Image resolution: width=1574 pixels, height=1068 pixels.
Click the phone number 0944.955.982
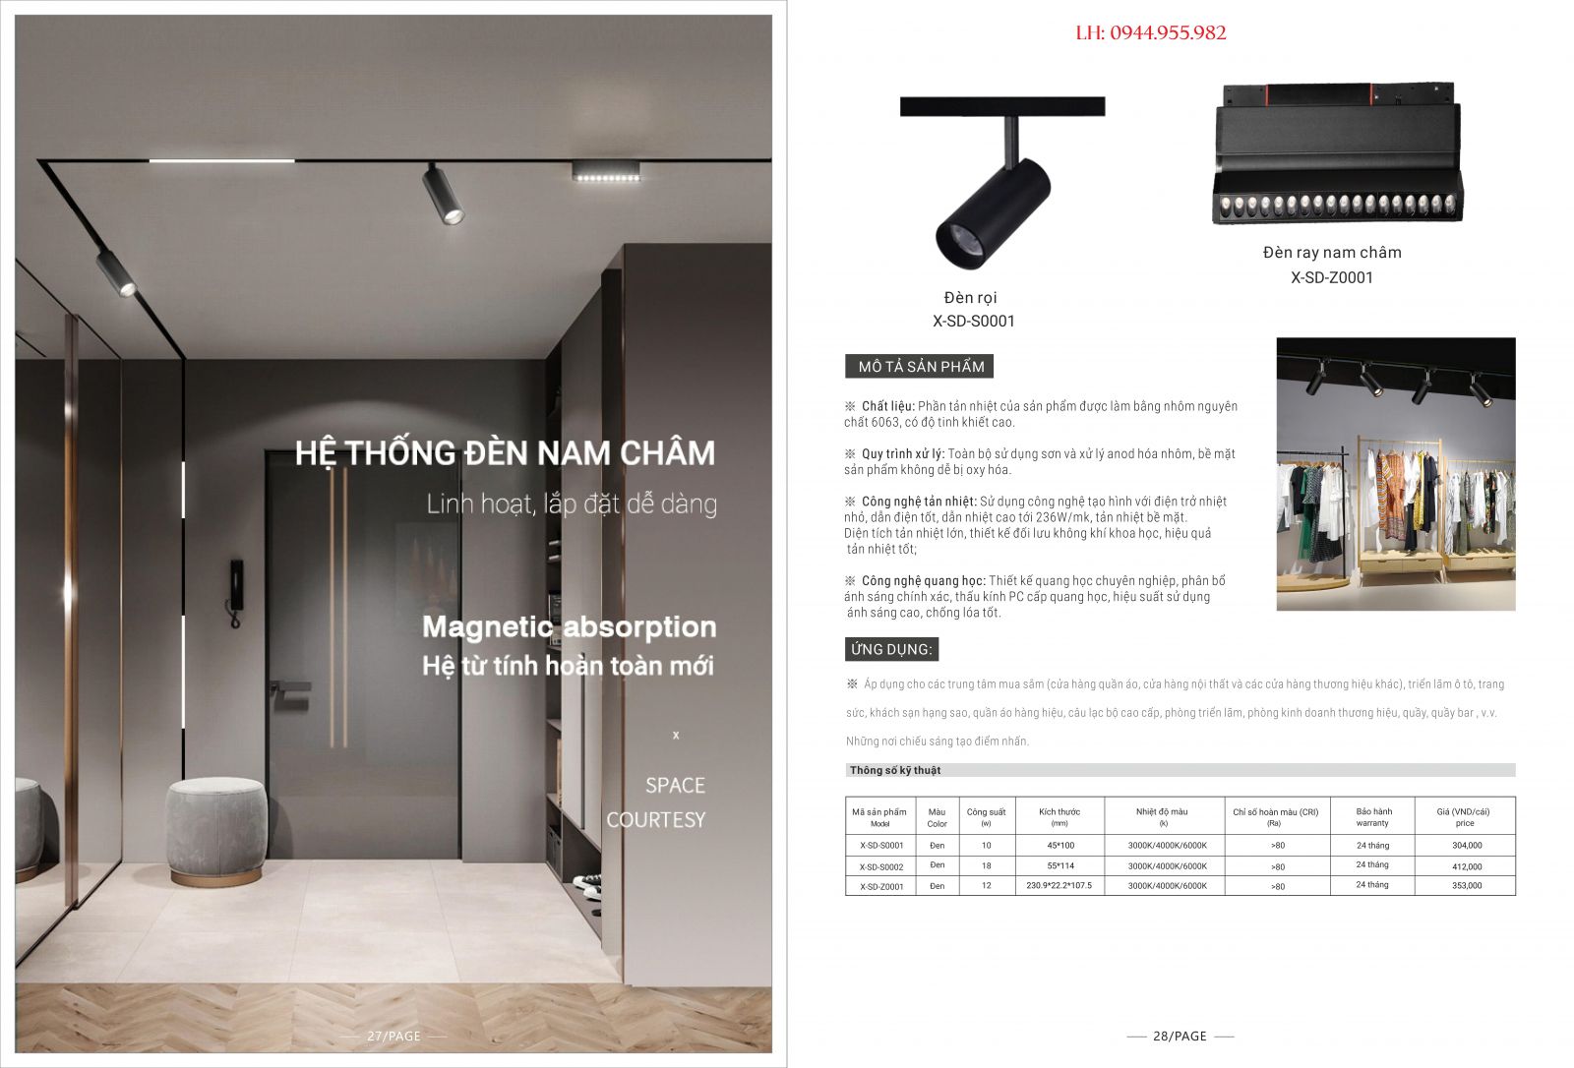(x=1167, y=33)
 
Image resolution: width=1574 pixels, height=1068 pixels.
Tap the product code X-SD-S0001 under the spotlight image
(x=973, y=321)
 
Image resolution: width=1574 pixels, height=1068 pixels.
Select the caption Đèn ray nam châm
(x=1332, y=253)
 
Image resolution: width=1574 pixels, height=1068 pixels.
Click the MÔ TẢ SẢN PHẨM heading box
(x=920, y=367)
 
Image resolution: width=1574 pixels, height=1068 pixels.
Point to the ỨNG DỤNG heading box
(x=890, y=649)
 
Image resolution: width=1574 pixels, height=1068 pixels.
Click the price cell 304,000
(x=1466, y=846)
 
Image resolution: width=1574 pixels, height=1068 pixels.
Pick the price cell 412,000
(x=1466, y=866)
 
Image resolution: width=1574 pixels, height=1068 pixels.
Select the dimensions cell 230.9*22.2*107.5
(x=1059, y=886)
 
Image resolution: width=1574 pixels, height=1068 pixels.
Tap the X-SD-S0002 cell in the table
(x=880, y=866)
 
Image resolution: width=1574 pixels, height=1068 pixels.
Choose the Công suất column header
(x=986, y=816)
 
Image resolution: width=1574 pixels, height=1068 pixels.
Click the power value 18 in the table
(x=986, y=866)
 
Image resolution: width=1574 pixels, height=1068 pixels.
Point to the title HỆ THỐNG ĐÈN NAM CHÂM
(x=505, y=453)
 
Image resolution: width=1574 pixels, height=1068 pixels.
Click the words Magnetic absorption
(x=569, y=626)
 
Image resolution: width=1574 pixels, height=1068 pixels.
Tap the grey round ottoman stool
(x=214, y=828)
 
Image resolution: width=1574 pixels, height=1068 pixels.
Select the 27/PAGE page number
(x=393, y=1036)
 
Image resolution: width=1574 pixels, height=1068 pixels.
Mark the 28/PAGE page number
(x=1180, y=1036)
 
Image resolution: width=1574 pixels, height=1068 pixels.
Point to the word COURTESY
(x=655, y=820)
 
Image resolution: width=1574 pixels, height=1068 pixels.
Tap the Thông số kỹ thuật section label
(x=895, y=770)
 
